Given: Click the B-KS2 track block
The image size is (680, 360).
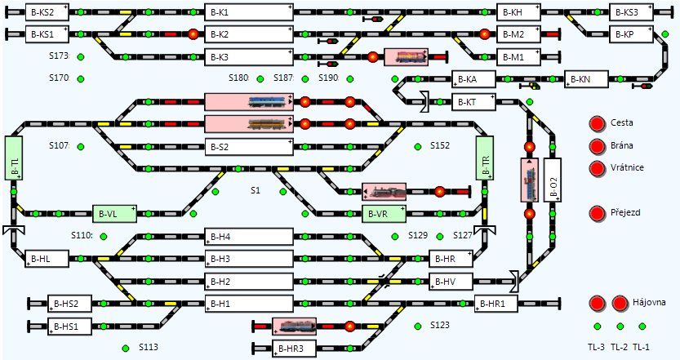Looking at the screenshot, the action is pos(47,12).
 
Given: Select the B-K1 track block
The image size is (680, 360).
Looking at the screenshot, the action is pos(249,12).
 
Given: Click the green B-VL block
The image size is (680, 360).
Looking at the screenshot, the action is pos(114,214).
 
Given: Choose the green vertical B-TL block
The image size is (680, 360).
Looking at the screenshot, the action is pos(13,158).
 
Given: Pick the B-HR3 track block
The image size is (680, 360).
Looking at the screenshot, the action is pos(294,349).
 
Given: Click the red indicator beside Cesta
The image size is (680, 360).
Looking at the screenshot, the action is pos(598,123).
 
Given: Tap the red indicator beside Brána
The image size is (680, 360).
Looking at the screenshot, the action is pos(598,146).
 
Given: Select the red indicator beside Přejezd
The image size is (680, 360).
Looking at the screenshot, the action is pos(598,213).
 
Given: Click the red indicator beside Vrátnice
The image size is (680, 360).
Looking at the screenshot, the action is pos(598,168).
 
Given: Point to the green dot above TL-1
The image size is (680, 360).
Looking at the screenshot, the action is pos(642,327).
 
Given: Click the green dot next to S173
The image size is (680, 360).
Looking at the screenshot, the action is pos(81,56).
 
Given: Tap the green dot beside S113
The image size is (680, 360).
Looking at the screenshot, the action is pos(126,348).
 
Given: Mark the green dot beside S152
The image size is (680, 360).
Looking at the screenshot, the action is pos(418,147).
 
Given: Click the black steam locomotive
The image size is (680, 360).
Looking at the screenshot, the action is pos(384,191).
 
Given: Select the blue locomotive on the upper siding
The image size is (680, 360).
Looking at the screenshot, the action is pos(266,101).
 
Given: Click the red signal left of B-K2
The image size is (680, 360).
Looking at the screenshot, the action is pos(193,33).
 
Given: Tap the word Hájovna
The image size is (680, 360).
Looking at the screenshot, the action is pos(649,302).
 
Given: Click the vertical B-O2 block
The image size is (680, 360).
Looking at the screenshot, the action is pos(552,180).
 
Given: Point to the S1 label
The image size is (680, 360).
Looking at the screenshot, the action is pos(256,190).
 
